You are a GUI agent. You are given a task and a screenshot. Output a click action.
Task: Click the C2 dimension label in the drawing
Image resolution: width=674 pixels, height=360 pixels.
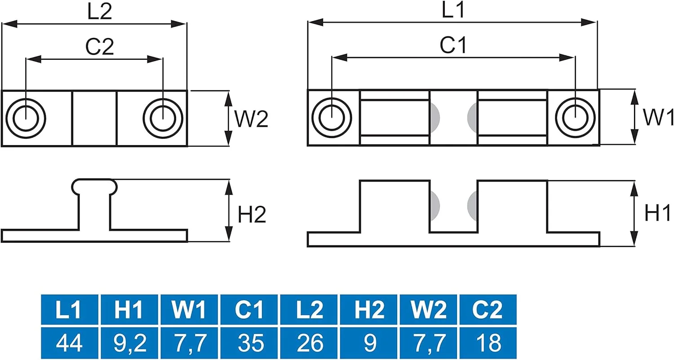tap(99, 46)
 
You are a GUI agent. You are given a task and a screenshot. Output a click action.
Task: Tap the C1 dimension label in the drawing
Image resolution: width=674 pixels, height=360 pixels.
tap(453, 45)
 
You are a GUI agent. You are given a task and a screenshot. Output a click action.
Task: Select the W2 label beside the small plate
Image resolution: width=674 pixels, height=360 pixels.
tap(251, 118)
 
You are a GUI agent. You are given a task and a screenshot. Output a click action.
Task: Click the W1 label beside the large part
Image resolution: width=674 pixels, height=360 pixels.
tap(658, 117)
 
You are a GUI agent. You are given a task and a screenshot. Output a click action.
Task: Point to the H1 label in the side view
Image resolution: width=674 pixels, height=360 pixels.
tap(657, 213)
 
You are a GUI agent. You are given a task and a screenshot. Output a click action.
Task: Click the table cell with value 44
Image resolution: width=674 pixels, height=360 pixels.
tap(69, 343)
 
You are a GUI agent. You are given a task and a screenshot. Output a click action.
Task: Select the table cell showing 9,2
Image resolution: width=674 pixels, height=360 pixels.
tap(129, 343)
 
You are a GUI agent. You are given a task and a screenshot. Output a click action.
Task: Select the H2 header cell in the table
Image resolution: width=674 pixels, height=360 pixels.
tap(369, 310)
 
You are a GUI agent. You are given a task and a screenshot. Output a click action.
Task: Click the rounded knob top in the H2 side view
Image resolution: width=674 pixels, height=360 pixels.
tap(94, 185)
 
